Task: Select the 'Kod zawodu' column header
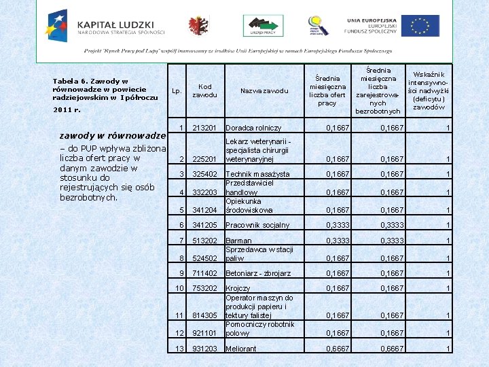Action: coord(204,90)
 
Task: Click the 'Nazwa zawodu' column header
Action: coord(264,90)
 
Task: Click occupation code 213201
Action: coord(204,127)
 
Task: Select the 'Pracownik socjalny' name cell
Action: coord(257,225)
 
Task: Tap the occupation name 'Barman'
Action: coord(238,241)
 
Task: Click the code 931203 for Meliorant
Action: coord(204,349)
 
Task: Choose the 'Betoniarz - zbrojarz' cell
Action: coord(258,273)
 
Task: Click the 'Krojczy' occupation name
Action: coord(239,288)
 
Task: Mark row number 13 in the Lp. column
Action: coord(180,348)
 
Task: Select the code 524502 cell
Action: coord(204,258)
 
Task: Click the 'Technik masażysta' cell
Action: coord(257,175)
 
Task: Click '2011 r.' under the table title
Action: coord(67,109)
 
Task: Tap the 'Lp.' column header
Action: coord(177,90)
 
